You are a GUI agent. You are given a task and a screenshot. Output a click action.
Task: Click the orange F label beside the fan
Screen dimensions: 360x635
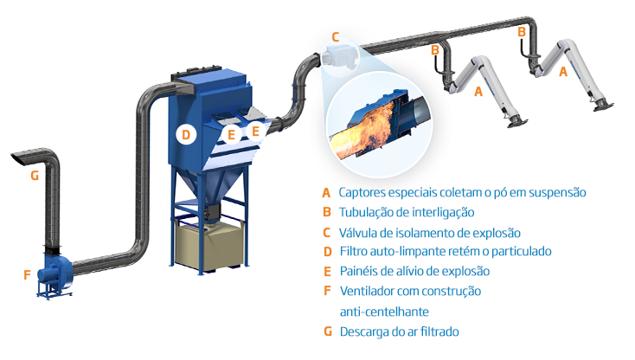[x=27, y=275]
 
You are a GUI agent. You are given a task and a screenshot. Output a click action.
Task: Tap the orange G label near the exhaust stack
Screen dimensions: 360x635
[x=35, y=176]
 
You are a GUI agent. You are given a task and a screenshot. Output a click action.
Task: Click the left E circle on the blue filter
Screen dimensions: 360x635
[x=231, y=133]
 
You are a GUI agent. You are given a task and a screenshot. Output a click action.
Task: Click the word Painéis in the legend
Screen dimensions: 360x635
[x=360, y=271]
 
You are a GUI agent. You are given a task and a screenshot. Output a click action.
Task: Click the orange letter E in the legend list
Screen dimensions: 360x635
[x=326, y=271]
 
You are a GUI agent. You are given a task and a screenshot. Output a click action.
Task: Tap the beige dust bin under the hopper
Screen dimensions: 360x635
[x=208, y=242]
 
